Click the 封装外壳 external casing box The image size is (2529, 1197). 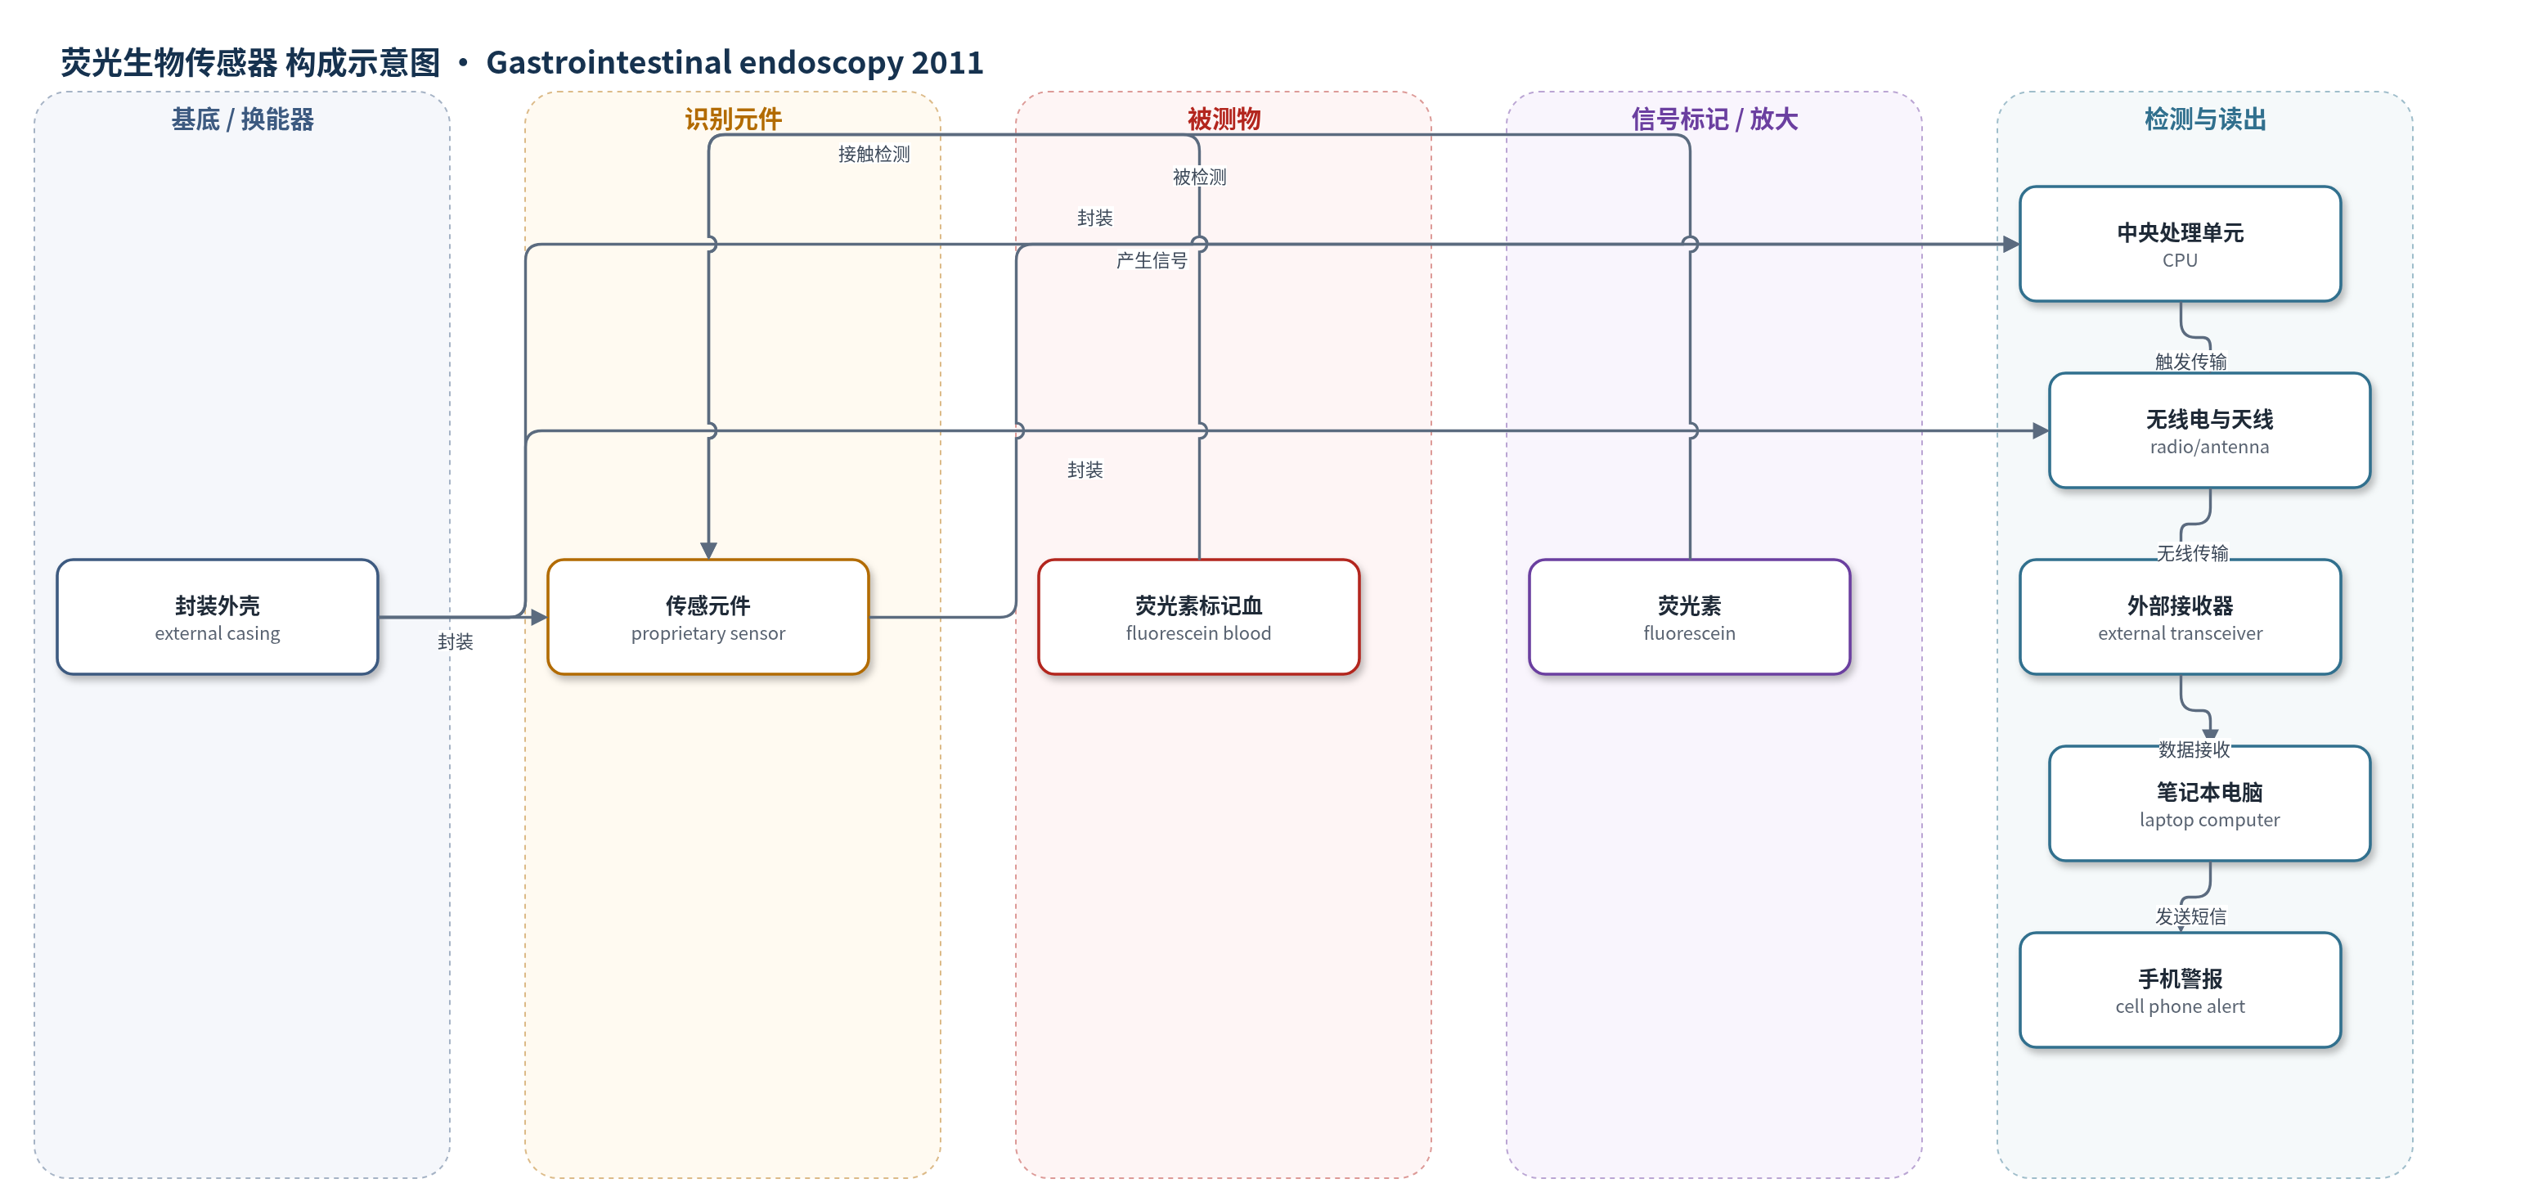point(217,617)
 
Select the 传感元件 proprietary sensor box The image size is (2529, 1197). point(707,617)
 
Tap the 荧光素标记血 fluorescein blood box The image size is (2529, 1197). point(1199,617)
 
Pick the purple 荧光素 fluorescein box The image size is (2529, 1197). point(1690,617)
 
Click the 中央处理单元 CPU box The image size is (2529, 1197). point(2181,244)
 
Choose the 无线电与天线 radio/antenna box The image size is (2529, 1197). point(2210,430)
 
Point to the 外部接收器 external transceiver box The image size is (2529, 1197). point(2181,617)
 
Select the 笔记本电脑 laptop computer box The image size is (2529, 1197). point(2210,803)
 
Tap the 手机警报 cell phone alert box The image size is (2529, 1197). point(2181,990)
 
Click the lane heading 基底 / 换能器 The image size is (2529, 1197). point(242,119)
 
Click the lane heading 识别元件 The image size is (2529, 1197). point(734,119)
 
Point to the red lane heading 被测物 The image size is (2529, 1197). point(1224,119)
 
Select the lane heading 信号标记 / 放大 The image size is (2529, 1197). point(1714,119)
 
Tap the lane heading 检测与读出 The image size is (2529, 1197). point(2205,119)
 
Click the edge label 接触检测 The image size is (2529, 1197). point(874,154)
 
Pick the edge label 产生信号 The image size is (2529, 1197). point(1152,260)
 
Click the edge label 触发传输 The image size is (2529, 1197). point(2190,362)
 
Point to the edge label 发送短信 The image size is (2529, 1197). point(2190,916)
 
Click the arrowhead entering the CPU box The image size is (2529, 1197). point(2011,244)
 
